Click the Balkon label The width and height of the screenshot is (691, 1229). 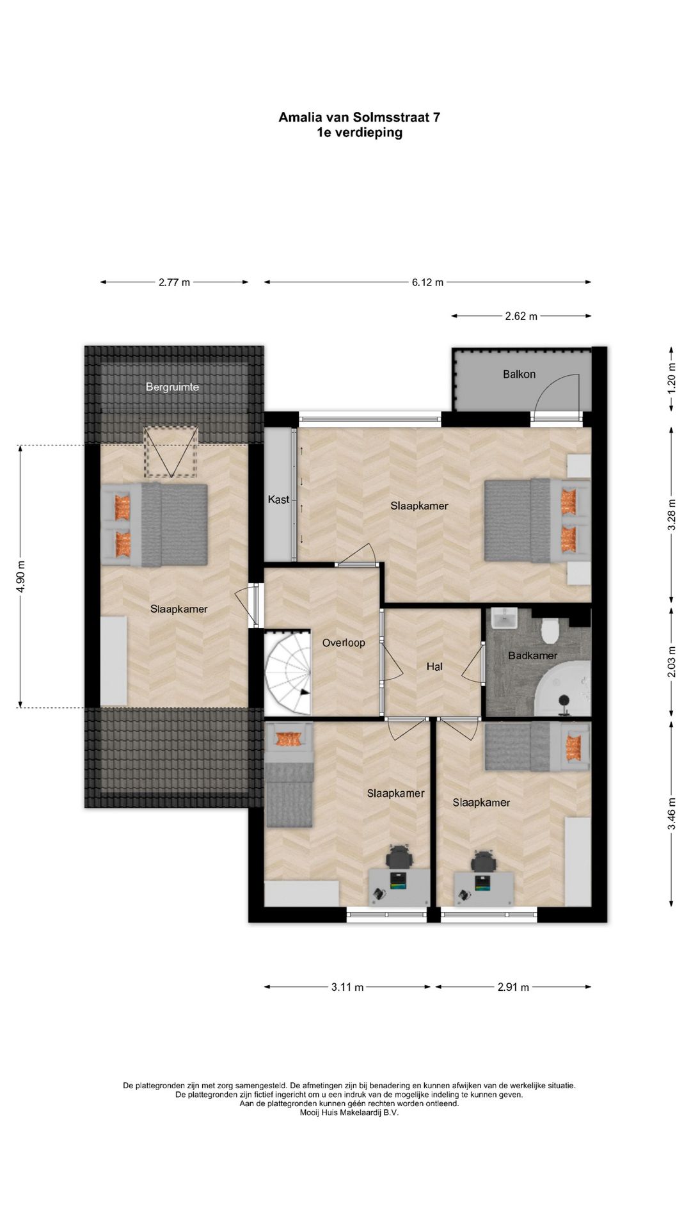pyautogui.click(x=519, y=374)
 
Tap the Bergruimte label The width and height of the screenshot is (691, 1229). pyautogui.click(x=172, y=387)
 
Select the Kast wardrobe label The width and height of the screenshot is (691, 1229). pyautogui.click(x=278, y=499)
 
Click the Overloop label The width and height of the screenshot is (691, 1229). pyautogui.click(x=344, y=642)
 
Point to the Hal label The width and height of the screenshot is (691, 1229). pyautogui.click(x=434, y=666)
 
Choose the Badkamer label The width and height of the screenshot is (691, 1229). pyautogui.click(x=532, y=655)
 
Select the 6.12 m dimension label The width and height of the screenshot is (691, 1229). pyautogui.click(x=427, y=282)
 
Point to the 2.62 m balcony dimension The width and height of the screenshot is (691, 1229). pyautogui.click(x=521, y=316)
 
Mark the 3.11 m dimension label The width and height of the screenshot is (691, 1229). pyautogui.click(x=347, y=987)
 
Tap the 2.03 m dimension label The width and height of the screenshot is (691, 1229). pyautogui.click(x=671, y=663)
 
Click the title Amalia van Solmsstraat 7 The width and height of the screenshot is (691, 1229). pyautogui.click(x=359, y=117)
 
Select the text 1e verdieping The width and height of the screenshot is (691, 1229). pyautogui.click(x=359, y=133)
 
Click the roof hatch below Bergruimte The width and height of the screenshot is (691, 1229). pyautogui.click(x=170, y=451)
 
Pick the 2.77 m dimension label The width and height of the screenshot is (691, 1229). pyautogui.click(x=174, y=282)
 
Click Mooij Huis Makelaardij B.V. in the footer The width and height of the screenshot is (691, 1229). pyautogui.click(x=349, y=1112)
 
